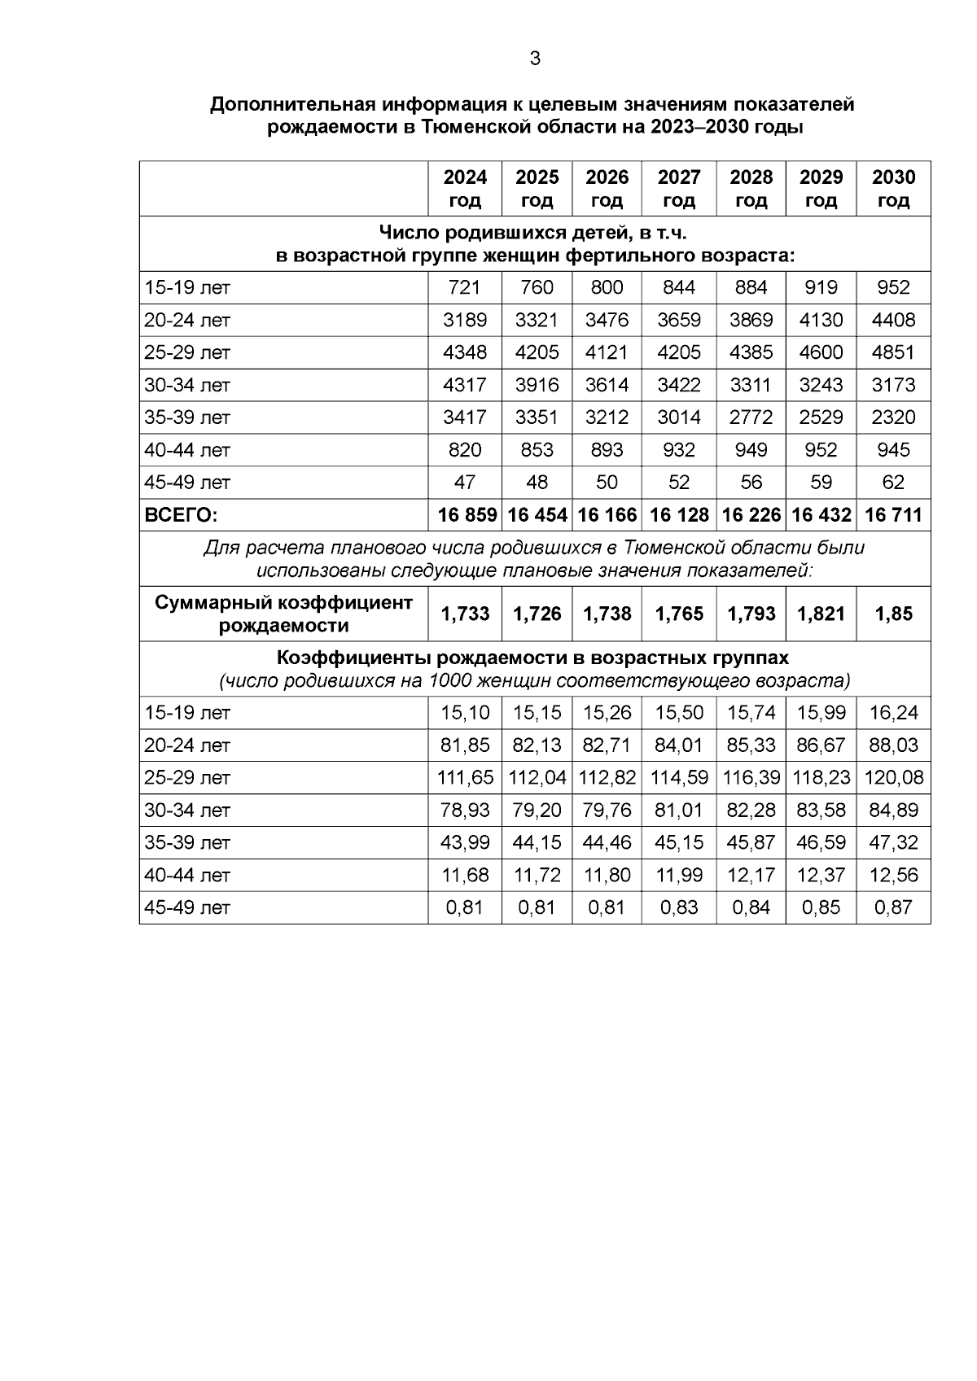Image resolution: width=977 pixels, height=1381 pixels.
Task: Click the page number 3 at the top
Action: point(535,59)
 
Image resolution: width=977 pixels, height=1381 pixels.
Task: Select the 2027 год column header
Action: point(679,189)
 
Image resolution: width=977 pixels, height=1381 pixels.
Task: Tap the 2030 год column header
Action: point(893,189)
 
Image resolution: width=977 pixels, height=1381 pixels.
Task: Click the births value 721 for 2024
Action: point(465,287)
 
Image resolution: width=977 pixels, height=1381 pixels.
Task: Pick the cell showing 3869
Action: point(751,320)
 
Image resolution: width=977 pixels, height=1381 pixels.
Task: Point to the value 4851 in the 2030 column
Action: point(893,352)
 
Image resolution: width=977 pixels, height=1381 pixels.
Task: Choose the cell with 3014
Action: point(679,417)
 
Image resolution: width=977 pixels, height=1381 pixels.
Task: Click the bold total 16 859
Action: point(467,515)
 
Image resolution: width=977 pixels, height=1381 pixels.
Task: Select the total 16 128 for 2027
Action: point(679,515)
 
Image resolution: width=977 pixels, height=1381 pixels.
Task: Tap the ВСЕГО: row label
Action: point(182,515)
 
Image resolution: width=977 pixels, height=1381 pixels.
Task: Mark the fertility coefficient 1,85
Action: point(893,614)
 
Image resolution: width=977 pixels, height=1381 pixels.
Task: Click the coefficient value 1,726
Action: point(537,614)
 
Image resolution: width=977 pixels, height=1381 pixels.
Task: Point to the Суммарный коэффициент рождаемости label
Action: point(283,614)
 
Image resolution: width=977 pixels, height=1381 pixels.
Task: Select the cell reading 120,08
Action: point(893,777)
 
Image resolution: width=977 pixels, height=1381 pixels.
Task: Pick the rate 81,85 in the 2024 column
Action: point(465,745)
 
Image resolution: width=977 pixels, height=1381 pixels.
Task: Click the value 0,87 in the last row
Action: point(893,907)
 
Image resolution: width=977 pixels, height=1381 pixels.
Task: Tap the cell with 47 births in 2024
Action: point(465,483)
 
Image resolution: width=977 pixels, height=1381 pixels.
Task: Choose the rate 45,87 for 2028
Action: point(751,842)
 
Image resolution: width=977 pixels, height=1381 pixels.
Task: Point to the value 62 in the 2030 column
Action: point(893,483)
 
